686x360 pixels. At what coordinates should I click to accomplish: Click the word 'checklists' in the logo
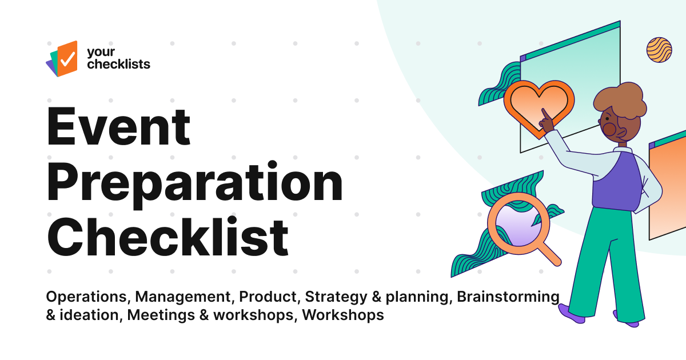(118, 64)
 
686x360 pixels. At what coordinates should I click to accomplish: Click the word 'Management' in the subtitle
(185, 297)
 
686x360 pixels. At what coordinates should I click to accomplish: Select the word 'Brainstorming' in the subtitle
(508, 297)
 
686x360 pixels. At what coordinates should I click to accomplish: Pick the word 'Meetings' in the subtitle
(155, 315)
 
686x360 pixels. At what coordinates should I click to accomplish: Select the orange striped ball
(659, 50)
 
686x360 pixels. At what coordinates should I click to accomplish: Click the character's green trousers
(606, 257)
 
